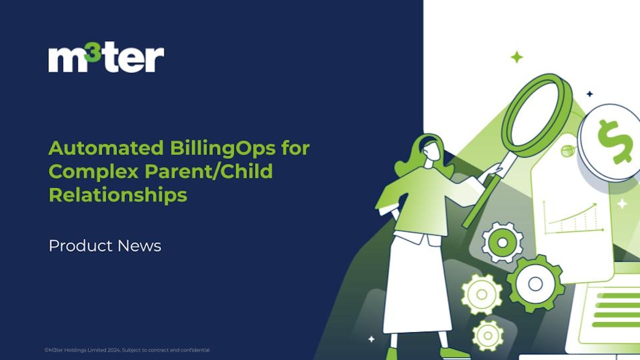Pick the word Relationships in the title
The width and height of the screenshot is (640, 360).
click(117, 195)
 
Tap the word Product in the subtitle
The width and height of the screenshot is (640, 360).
click(81, 246)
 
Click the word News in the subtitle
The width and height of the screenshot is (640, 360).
click(139, 246)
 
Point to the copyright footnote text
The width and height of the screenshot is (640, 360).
click(127, 350)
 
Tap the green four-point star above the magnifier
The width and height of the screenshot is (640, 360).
click(516, 57)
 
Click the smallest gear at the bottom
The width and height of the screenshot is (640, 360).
click(487, 335)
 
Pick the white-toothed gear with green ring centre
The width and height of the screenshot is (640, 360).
click(502, 243)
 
